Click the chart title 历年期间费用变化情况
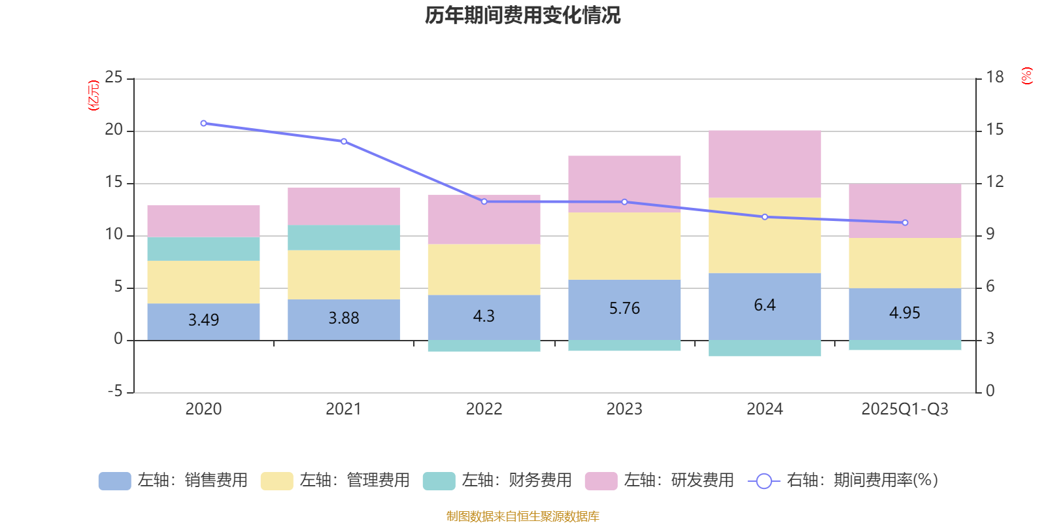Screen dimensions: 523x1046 [522, 15]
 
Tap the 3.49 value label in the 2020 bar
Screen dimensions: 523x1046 [203, 320]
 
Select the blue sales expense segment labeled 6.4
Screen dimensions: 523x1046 [764, 305]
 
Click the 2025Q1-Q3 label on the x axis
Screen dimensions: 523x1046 [904, 409]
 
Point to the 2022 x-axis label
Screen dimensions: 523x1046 [484, 409]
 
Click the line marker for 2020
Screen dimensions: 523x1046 [203, 123]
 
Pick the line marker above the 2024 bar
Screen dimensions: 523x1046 [765, 217]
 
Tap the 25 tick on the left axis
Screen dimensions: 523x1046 [114, 78]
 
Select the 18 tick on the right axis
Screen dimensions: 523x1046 [995, 78]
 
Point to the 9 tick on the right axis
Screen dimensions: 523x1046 [990, 235]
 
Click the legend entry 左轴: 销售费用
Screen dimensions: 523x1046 [173, 481]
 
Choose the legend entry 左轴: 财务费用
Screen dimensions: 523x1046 [498, 481]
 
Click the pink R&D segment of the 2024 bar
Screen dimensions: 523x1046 [764, 164]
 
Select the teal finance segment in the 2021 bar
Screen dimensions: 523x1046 [344, 237]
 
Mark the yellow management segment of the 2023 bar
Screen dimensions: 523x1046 [624, 246]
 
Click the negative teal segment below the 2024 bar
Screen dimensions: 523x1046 [764, 348]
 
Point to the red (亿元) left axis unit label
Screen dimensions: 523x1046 [93, 95]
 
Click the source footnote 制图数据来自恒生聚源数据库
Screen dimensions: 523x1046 [522, 516]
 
